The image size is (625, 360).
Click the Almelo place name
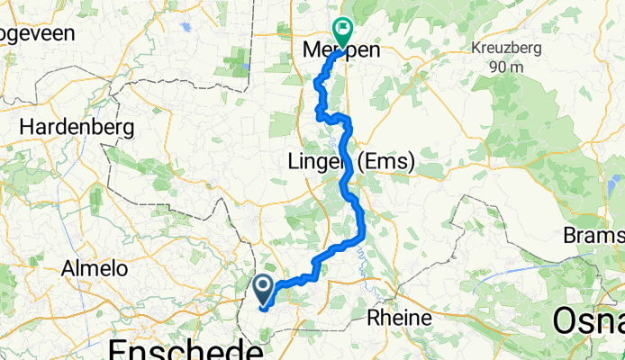point(94,268)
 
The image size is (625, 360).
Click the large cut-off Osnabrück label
point(586,319)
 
